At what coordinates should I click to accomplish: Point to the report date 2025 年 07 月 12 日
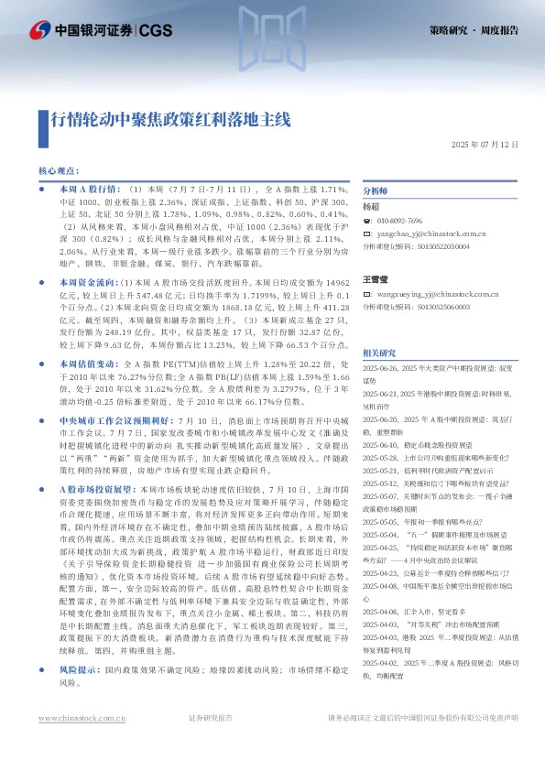(485, 146)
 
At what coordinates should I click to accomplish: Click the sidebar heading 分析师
(376, 190)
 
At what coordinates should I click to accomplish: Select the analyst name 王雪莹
(376, 277)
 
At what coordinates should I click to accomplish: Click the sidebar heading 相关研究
(380, 352)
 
